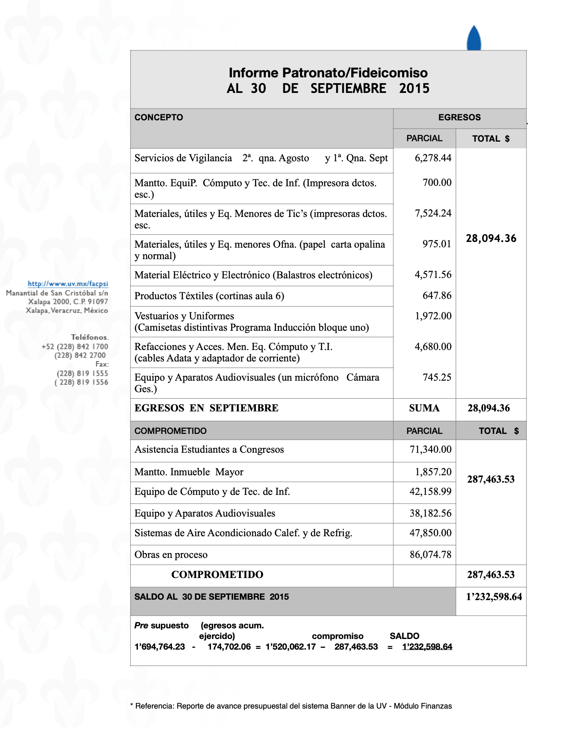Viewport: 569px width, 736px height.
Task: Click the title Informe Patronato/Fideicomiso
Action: pos(328,73)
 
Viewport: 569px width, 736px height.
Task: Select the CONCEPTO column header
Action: pos(159,117)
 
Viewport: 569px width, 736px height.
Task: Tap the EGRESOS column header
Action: pos(459,117)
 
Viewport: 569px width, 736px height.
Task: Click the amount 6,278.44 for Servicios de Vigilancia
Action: pos(433,158)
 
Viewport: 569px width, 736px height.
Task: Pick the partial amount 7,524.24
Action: pos(433,213)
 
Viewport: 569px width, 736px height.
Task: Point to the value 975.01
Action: pos(437,244)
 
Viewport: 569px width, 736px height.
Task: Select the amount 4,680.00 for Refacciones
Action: pos(433,347)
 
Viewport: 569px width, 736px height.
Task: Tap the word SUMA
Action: pos(424,408)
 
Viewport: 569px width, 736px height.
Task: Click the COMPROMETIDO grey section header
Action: pos(171,431)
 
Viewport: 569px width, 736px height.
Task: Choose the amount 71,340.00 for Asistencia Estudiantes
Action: pos(430,449)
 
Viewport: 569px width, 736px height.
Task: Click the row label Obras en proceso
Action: pos(171,555)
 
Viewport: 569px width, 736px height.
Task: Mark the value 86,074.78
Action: pos(430,555)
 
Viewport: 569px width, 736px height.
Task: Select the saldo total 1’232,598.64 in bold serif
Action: pos(494,597)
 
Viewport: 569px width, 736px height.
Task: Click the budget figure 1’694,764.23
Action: pos(160,647)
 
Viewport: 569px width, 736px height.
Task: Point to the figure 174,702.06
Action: pos(229,647)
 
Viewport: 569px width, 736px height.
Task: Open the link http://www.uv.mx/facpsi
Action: pos(68,284)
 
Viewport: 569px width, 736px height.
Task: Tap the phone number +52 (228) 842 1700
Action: pos(75,347)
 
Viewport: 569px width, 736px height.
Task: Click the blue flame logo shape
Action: pos(474,38)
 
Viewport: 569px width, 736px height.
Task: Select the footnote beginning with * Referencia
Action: pos(291,706)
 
